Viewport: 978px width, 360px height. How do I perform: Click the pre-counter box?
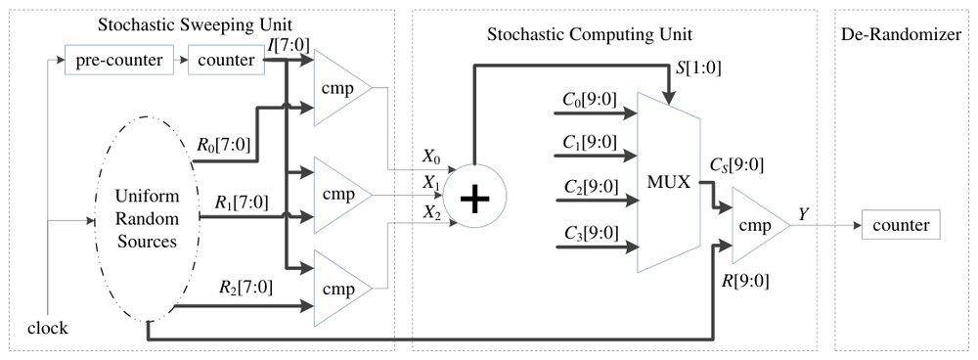pyautogui.click(x=119, y=61)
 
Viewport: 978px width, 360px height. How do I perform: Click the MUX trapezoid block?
pyautogui.click(x=668, y=182)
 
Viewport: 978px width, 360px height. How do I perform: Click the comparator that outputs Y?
pyautogui.click(x=760, y=225)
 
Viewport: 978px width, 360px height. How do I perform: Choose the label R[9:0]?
pyautogui.click(x=744, y=281)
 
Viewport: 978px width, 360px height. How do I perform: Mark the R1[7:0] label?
pyautogui.click(x=242, y=202)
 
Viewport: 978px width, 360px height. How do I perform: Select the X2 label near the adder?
pyautogui.click(x=432, y=212)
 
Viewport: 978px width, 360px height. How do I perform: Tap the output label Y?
pyautogui.click(x=803, y=215)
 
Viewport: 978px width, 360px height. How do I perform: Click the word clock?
pyautogui.click(x=47, y=328)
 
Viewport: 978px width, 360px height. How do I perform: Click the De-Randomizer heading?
pyautogui.click(x=901, y=34)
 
